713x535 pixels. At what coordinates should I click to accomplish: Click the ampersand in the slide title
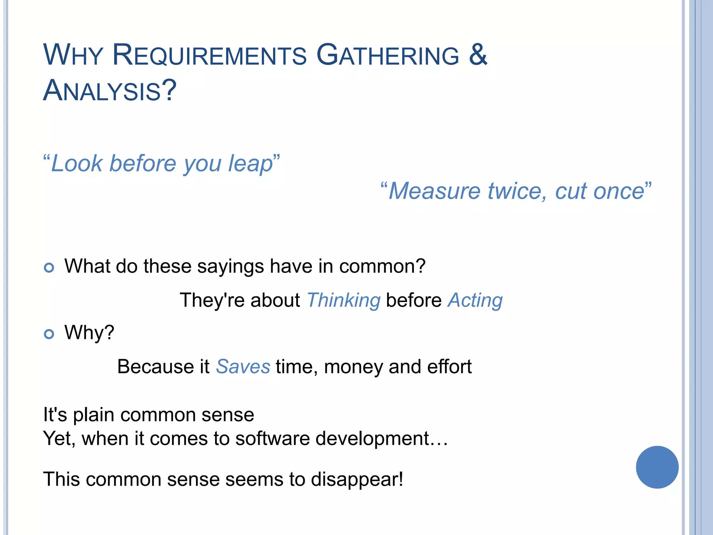(478, 55)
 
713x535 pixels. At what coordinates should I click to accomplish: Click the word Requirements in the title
(209, 55)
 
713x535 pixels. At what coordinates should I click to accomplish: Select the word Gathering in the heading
(387, 55)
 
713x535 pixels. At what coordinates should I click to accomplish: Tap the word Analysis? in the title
(110, 91)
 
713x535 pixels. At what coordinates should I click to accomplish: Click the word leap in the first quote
(250, 164)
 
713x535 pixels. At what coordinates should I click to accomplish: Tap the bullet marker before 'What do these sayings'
(49, 267)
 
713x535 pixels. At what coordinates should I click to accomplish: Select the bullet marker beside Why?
(49, 334)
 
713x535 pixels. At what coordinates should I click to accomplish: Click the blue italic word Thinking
(343, 300)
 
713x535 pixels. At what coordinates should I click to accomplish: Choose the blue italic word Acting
(475, 300)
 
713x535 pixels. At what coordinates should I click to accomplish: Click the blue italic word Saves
(243, 367)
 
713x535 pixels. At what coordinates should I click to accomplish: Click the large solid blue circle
(657, 467)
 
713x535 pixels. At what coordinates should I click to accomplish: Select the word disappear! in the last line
(357, 480)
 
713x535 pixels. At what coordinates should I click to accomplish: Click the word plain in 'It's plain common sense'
(93, 415)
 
